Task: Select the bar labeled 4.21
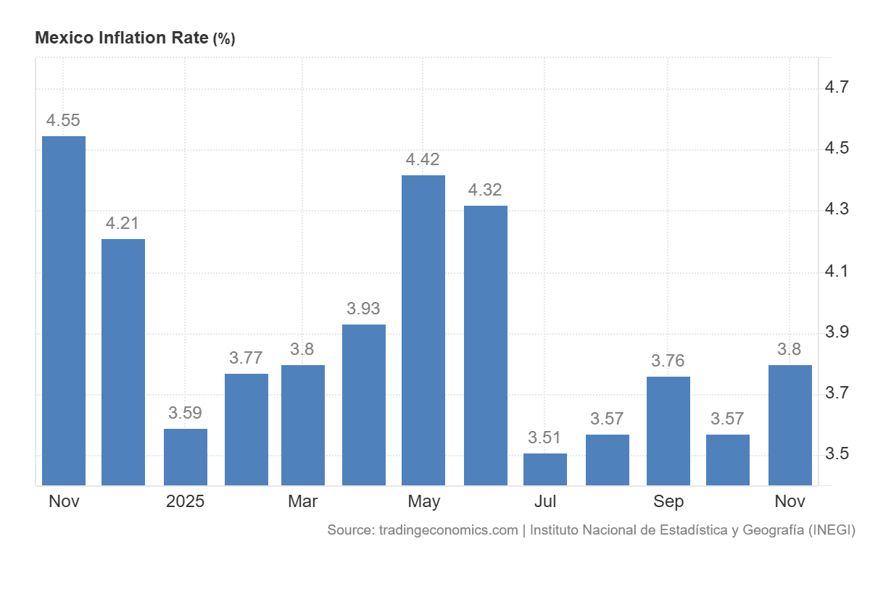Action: click(x=123, y=361)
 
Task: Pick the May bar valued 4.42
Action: click(x=423, y=330)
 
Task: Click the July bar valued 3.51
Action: click(x=545, y=469)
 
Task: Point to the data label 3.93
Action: click(x=363, y=309)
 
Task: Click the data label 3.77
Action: click(x=246, y=358)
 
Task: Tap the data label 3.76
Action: click(x=668, y=361)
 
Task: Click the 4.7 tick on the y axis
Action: click(x=837, y=88)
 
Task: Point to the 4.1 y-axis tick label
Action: click(x=837, y=272)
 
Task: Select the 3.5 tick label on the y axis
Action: click(x=837, y=454)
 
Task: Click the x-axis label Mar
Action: click(x=302, y=501)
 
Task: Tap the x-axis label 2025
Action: click(x=185, y=501)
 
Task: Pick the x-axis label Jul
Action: click(x=545, y=501)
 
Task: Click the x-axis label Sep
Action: click(x=668, y=501)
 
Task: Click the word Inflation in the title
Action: click(x=130, y=38)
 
